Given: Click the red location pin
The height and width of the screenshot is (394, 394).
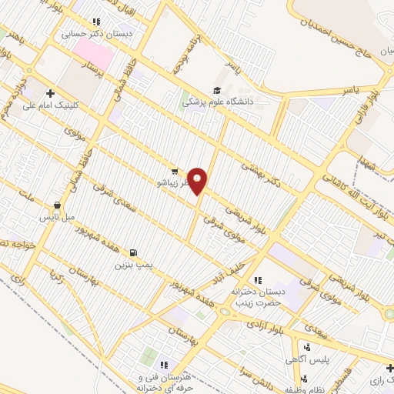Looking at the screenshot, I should coord(199,180).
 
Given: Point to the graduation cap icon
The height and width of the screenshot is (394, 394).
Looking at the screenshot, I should coord(217,89).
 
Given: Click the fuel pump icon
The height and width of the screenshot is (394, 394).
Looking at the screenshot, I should coord(135,253).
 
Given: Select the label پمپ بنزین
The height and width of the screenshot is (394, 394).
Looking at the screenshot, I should coord(130,265).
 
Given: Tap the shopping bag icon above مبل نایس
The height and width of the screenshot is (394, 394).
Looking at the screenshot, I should coord(57,205).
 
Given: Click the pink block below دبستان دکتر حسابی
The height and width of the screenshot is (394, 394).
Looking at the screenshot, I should coord(95,54).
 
